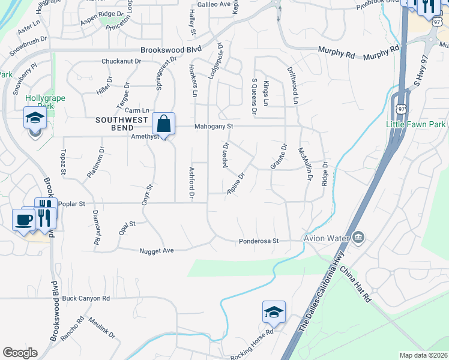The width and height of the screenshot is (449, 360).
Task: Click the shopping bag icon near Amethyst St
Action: (x=163, y=124)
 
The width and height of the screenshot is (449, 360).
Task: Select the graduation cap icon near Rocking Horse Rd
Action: (x=273, y=312)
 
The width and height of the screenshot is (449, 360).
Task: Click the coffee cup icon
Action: (x=24, y=219)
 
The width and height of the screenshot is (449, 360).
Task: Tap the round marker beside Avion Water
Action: (x=359, y=238)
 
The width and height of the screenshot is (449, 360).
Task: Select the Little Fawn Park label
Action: (x=416, y=124)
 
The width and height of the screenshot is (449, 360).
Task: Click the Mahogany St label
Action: (x=213, y=127)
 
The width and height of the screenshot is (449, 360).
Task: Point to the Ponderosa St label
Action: (x=259, y=241)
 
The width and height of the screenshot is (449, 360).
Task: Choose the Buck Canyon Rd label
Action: (x=86, y=298)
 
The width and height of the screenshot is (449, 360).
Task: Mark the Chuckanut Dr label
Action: (x=121, y=61)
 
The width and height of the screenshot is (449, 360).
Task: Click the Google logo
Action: (x=20, y=353)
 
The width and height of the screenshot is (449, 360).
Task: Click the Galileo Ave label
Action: (x=214, y=4)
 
